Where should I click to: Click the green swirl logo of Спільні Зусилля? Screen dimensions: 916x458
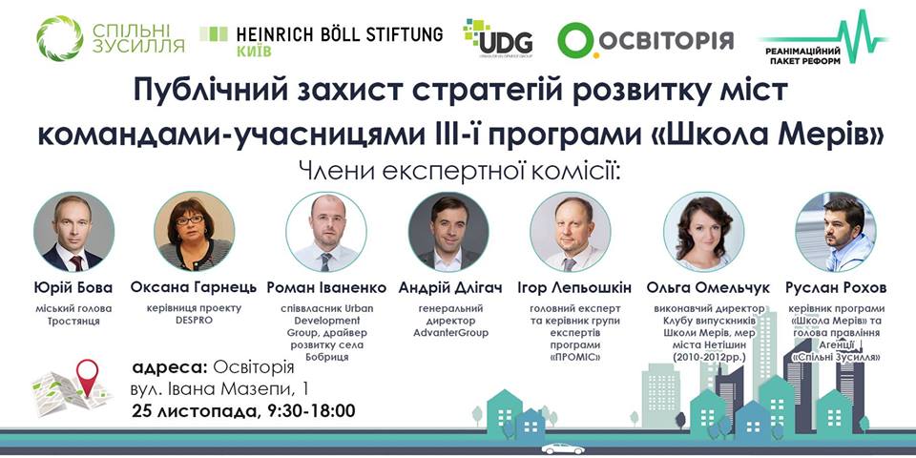coord(59,38)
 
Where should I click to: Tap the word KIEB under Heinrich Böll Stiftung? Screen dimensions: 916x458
coord(254,52)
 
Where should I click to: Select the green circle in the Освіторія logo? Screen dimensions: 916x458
coord(575,40)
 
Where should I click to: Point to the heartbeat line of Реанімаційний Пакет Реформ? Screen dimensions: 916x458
coord(823,36)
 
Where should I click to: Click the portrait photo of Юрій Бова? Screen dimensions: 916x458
coord(73,232)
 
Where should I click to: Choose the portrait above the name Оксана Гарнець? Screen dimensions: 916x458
coord(194,232)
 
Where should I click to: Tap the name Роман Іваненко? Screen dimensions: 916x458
coord(326,288)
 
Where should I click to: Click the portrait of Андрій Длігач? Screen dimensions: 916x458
coord(448,232)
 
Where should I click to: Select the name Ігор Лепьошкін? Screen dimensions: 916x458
coord(574,288)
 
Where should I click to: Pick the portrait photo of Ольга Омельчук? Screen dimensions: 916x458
coord(703,232)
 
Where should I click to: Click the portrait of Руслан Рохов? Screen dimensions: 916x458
coord(836,232)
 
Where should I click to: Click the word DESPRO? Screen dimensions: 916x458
coord(194,321)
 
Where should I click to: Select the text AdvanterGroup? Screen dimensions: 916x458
coord(449,333)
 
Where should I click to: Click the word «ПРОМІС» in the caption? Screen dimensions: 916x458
coord(574,357)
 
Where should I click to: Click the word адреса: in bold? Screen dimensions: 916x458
coord(170,368)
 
